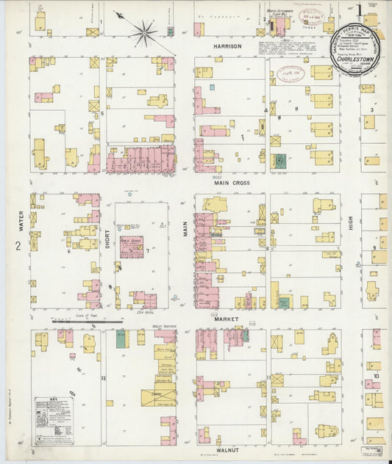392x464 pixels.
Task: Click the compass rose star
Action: click(x=145, y=32)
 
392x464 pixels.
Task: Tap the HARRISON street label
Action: click(x=228, y=46)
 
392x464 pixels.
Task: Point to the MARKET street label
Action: click(x=229, y=319)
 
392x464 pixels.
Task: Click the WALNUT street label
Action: click(x=229, y=448)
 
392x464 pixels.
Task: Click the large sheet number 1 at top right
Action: click(x=358, y=11)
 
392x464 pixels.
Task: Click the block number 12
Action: click(x=104, y=378)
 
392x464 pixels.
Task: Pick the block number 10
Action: click(x=375, y=377)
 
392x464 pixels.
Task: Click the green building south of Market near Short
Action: click(x=121, y=338)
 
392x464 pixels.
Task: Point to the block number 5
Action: click(x=102, y=113)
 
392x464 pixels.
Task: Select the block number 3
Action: click(x=372, y=110)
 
